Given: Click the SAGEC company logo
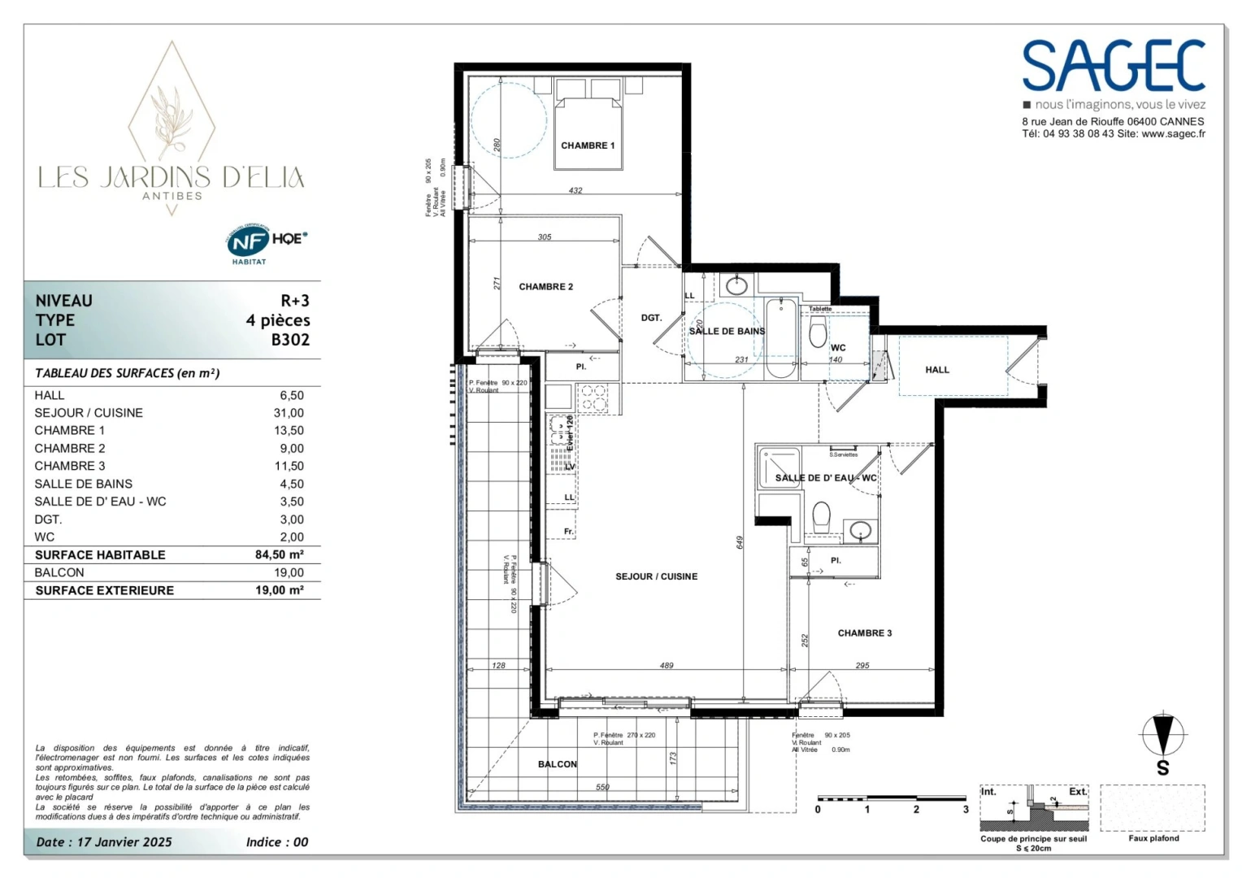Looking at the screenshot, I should (1113, 67).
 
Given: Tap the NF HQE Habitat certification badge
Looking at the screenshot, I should (266, 242).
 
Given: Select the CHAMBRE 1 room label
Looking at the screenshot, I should (588, 146).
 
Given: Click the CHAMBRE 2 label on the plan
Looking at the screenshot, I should (545, 287).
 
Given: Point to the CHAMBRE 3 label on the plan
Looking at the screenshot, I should (864, 633).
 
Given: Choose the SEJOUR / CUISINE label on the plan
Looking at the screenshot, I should (656, 576).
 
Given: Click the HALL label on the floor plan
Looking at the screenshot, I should (936, 370).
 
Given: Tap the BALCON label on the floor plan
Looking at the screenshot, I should (557, 764).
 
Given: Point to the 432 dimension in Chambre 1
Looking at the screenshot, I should (575, 190).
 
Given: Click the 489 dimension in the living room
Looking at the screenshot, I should (667, 665).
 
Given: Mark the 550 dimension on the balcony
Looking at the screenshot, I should (602, 787).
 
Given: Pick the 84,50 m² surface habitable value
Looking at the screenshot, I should (279, 554).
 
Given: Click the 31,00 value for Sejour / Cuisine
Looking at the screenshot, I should (289, 413).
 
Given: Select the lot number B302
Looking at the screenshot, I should (290, 340).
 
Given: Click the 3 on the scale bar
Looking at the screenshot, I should (966, 809).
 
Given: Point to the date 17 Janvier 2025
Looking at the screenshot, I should (124, 842).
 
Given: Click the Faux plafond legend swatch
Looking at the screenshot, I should (1153, 808).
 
